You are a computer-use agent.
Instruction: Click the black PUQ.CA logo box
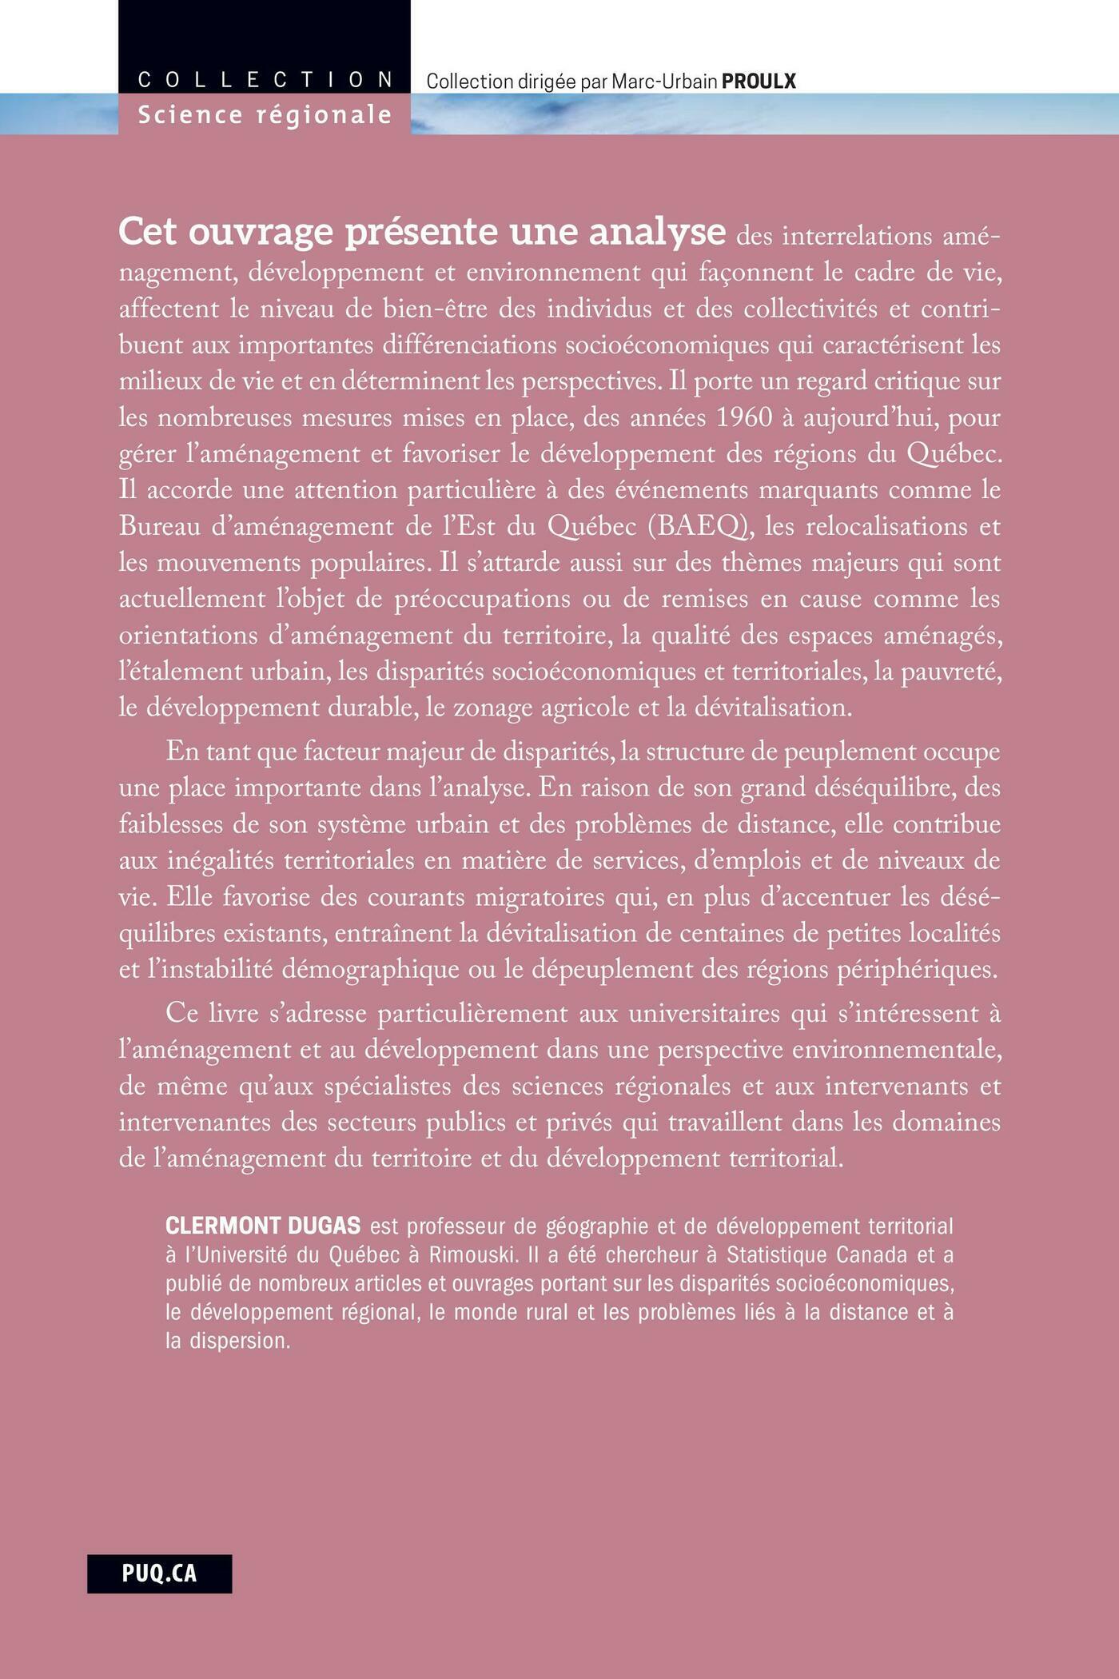159,1573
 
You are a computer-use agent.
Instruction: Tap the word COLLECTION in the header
265,80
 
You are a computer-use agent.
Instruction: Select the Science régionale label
265,115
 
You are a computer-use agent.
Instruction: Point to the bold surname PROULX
759,81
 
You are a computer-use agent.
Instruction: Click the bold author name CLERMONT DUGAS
263,1226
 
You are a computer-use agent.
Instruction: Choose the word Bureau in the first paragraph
158,527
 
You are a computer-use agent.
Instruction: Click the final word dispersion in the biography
239,1341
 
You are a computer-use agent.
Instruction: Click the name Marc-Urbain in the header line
663,81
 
